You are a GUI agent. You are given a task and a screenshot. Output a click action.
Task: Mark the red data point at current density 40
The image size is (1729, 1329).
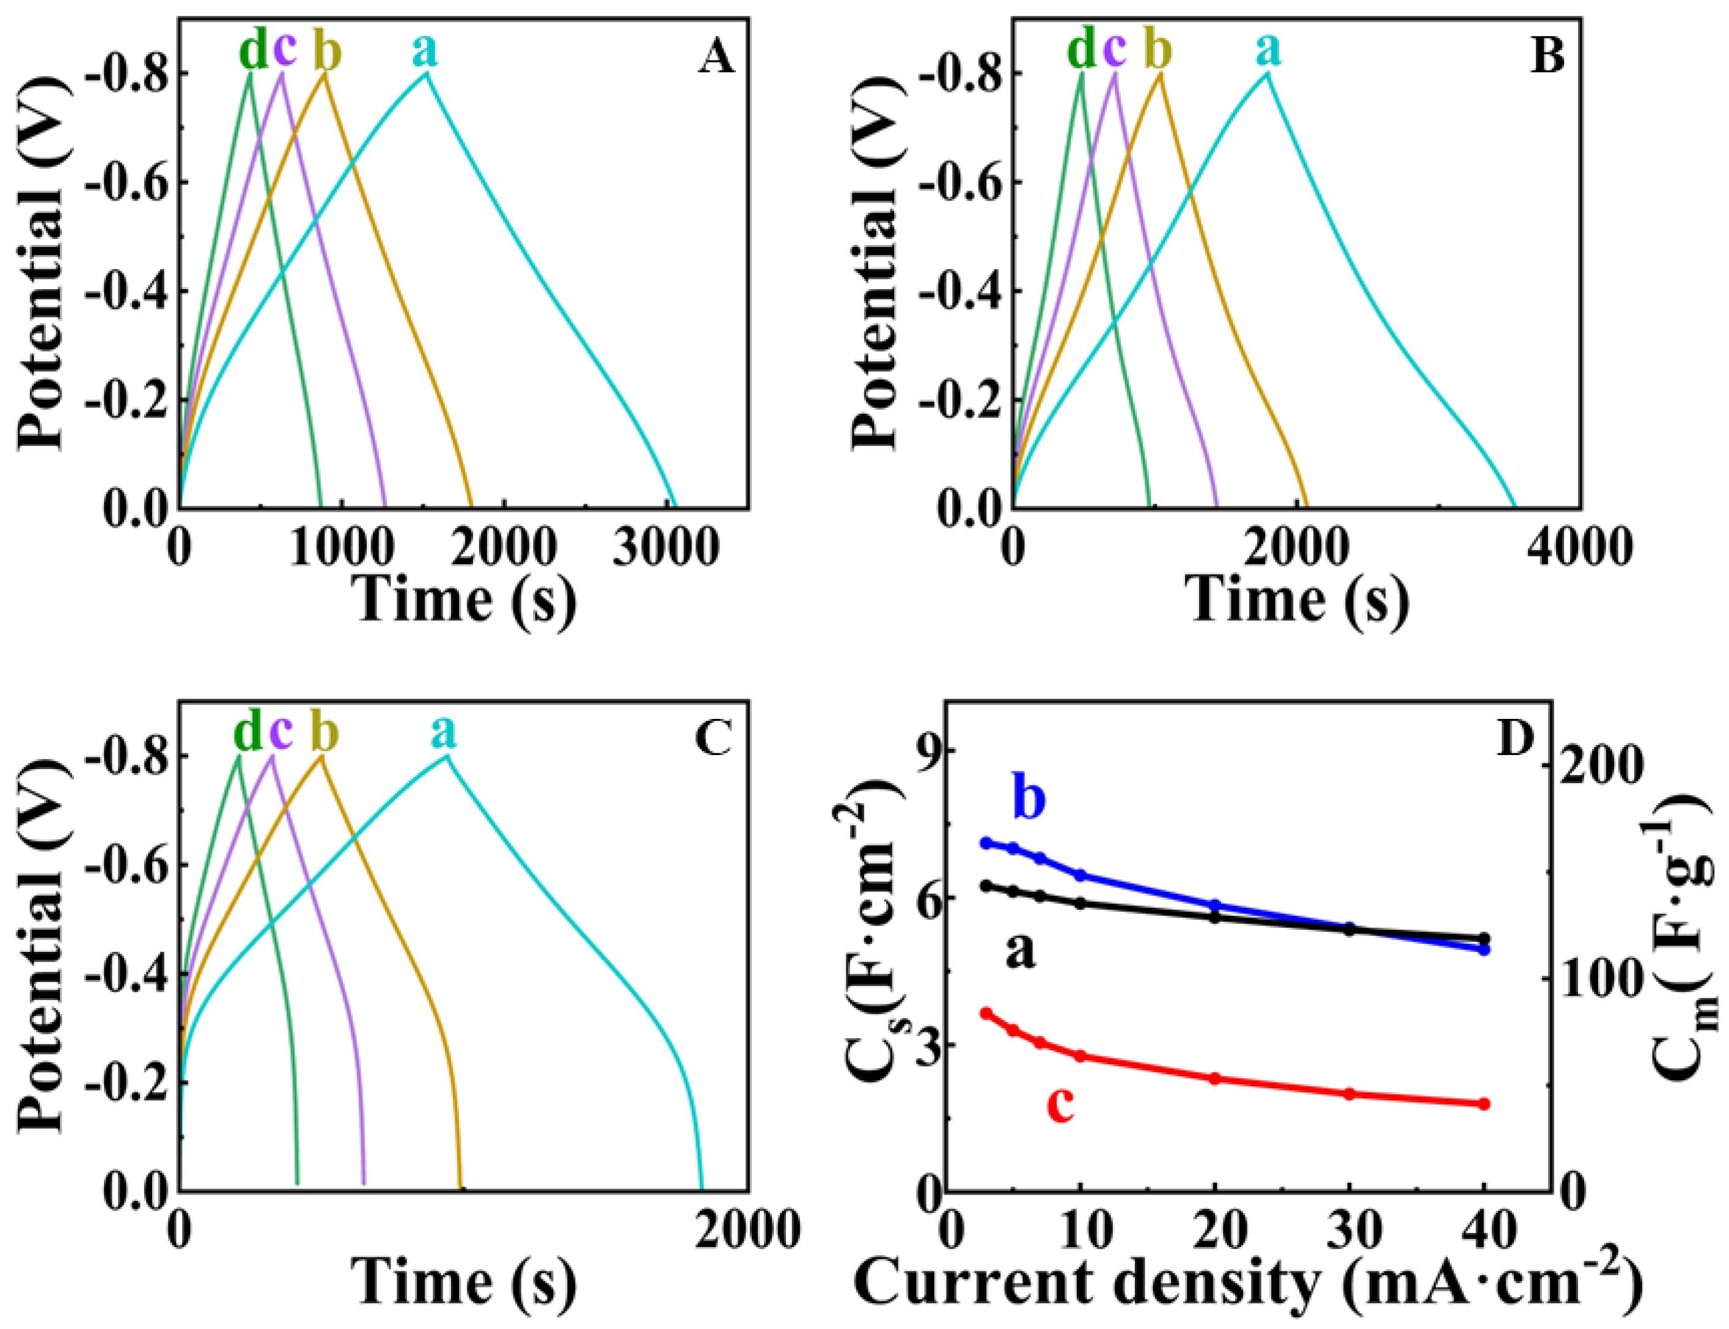pyautogui.click(x=1484, y=1103)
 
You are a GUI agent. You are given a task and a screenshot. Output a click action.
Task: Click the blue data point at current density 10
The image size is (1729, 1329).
pyautogui.click(x=1081, y=875)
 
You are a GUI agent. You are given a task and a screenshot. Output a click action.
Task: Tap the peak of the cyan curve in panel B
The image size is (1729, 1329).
pyautogui.click(x=1267, y=73)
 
